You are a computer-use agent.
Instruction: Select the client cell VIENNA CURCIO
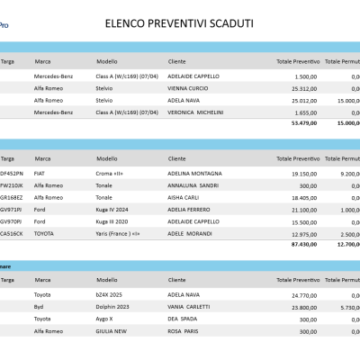click(x=187, y=89)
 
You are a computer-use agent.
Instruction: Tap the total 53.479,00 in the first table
click(x=302, y=122)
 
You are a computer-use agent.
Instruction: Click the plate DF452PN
click(x=10, y=173)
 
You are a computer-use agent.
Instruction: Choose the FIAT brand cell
click(x=40, y=173)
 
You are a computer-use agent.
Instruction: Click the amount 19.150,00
click(x=304, y=173)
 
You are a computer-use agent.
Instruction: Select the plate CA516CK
click(x=10, y=233)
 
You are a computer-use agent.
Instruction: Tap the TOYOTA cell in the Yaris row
click(x=44, y=233)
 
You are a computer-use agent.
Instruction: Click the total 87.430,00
click(x=302, y=244)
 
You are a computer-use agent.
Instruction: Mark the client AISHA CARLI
click(x=183, y=197)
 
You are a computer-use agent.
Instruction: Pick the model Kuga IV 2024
click(x=114, y=209)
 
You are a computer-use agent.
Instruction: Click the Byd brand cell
click(x=39, y=307)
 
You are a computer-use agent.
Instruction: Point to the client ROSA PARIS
click(x=184, y=331)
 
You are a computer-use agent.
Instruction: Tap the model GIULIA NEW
click(x=112, y=331)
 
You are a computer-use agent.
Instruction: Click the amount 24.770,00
click(x=304, y=294)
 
